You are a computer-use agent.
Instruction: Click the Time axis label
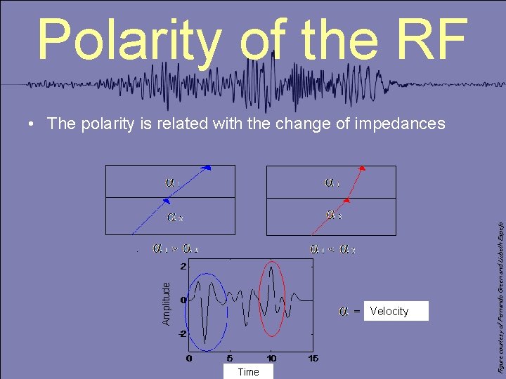click(248, 372)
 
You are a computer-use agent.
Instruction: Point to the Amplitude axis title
click(166, 303)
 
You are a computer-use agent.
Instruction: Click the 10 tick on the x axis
click(271, 358)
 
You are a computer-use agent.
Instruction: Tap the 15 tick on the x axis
click(313, 358)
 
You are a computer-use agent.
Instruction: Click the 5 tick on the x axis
click(230, 358)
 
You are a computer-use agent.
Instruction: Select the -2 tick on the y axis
click(181, 333)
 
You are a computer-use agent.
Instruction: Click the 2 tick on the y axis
click(183, 267)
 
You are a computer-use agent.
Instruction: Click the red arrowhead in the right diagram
click(363, 168)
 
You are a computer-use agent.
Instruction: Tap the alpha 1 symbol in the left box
click(172, 182)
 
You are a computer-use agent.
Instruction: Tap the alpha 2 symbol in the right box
click(334, 215)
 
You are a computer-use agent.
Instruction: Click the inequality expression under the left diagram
click(176, 248)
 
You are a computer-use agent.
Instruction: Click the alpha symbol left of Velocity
click(344, 310)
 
